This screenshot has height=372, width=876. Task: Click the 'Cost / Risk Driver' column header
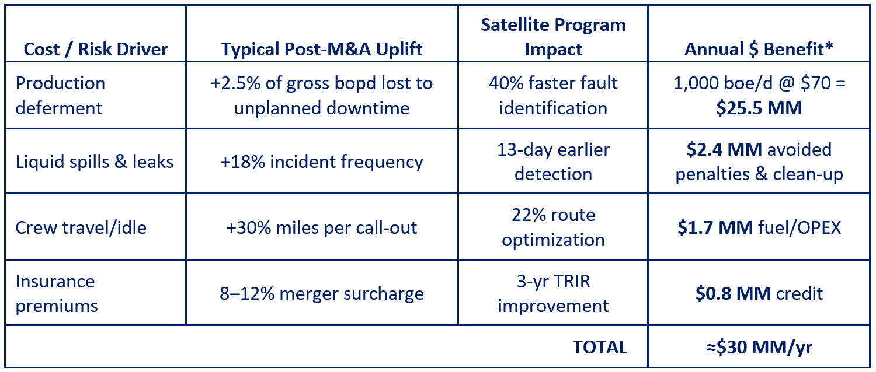(96, 50)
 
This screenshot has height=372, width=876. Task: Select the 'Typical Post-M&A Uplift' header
(321, 50)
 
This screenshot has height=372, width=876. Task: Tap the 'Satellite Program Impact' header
(553, 37)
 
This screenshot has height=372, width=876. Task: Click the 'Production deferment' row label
(60, 96)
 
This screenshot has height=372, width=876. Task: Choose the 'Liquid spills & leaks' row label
(94, 162)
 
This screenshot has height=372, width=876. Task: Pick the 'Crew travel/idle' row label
(81, 227)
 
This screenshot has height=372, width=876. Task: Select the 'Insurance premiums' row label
(57, 293)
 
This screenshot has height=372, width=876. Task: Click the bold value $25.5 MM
(759, 108)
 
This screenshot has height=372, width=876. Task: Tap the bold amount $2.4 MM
(724, 149)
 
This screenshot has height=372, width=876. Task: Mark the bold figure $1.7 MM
(715, 227)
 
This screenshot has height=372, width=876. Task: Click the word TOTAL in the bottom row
(600, 347)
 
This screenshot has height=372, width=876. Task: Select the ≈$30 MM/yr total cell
(759, 347)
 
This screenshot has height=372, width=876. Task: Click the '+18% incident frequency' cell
(321, 162)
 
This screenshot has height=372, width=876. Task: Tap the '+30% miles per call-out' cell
(321, 227)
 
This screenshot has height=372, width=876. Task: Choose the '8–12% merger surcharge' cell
(321, 293)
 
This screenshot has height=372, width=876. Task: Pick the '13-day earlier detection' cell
(553, 162)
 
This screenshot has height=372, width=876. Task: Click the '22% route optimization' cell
(553, 227)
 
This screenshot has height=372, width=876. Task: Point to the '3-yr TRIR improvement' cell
(553, 293)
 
